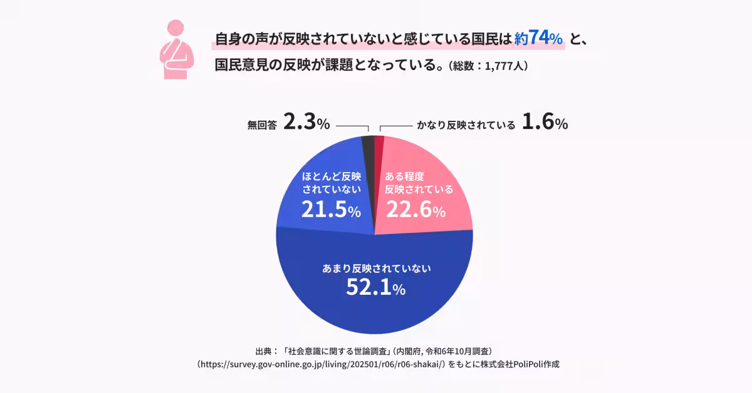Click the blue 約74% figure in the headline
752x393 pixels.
tap(538, 38)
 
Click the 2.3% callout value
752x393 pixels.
tap(306, 123)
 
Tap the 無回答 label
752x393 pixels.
tap(262, 125)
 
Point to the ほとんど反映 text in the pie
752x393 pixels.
tap(332, 176)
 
